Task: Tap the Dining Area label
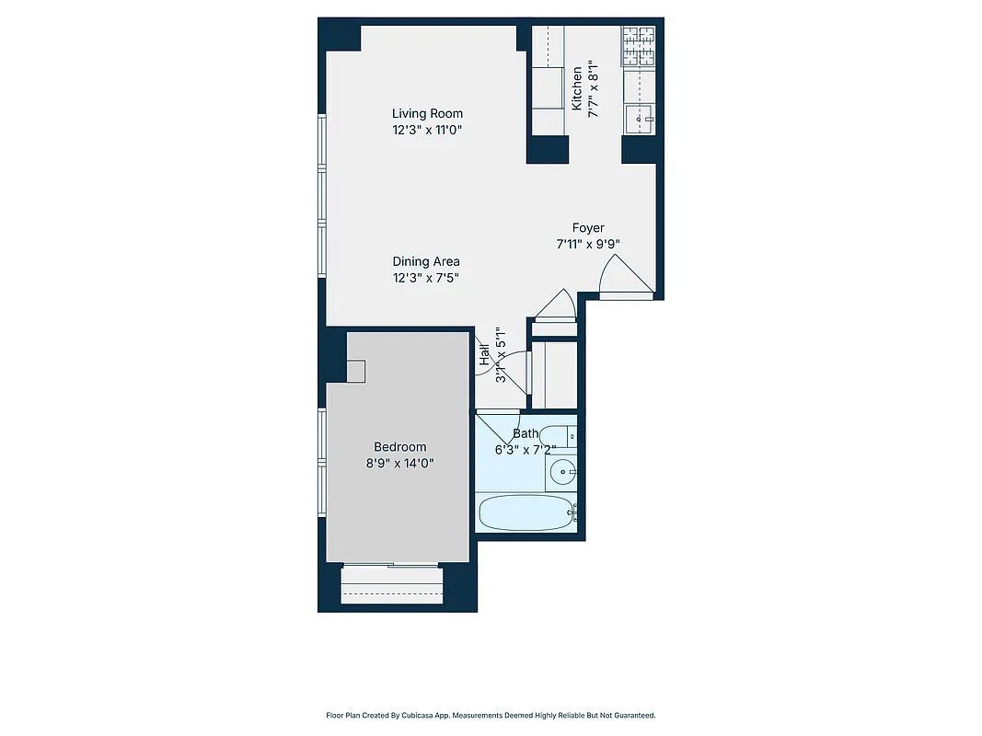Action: (425, 261)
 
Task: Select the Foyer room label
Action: (588, 228)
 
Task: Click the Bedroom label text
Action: (399, 447)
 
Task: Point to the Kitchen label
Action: (577, 88)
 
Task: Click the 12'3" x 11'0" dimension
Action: (425, 131)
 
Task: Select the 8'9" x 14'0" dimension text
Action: (399, 464)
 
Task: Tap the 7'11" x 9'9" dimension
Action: (588, 245)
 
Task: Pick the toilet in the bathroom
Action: (559, 436)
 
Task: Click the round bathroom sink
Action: (560, 474)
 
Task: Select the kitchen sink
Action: (640, 118)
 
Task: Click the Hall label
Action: (484, 355)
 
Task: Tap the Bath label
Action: (526, 433)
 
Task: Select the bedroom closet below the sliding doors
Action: (392, 586)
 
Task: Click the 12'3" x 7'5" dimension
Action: (425, 277)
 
